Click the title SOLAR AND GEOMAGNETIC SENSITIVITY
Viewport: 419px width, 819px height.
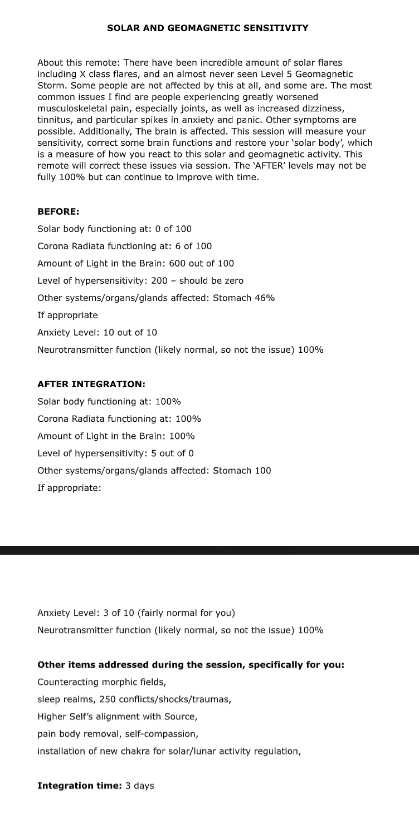click(207, 28)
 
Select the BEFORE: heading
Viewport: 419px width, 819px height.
click(58, 211)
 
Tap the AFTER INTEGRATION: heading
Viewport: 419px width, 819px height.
click(91, 384)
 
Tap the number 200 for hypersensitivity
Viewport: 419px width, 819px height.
click(159, 280)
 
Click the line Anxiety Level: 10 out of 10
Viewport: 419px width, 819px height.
click(97, 332)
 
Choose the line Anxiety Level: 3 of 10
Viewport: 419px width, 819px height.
click(136, 613)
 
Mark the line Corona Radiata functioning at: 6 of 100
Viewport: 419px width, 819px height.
click(124, 246)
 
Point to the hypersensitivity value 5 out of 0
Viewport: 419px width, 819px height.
click(172, 453)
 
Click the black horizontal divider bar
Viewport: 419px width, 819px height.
click(209, 550)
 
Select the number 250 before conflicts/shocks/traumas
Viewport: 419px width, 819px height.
click(108, 699)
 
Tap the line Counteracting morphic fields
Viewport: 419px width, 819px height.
click(101, 682)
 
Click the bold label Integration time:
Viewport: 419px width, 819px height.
click(76, 785)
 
